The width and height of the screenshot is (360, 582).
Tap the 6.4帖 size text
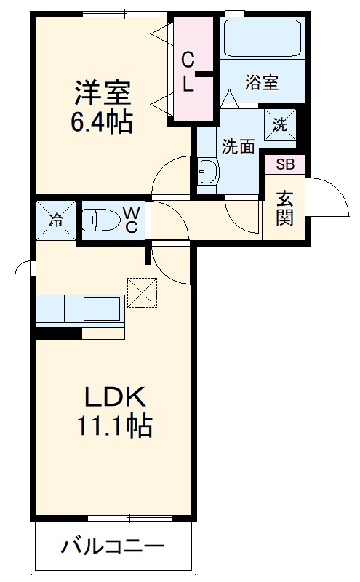[x=101, y=121]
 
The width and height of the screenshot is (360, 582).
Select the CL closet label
[x=188, y=71]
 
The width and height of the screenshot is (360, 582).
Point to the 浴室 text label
[x=262, y=82]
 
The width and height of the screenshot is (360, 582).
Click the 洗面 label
[x=238, y=146]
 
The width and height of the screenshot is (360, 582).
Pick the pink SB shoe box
[x=284, y=164]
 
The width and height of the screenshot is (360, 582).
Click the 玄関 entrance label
[x=284, y=207]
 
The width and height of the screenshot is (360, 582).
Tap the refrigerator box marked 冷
[x=56, y=219]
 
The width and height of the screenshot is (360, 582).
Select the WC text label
[x=132, y=219]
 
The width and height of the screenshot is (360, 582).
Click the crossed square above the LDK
[x=142, y=292]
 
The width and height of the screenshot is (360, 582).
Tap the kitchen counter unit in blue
[x=79, y=310]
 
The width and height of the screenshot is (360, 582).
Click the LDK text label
[x=116, y=397]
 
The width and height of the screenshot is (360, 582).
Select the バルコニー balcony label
[x=113, y=546]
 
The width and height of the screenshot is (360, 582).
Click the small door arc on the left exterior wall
[x=24, y=268]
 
